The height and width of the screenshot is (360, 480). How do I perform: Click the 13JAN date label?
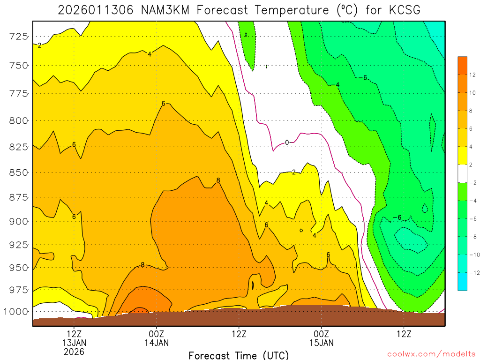[75, 343]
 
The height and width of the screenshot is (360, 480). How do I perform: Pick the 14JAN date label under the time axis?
[157, 343]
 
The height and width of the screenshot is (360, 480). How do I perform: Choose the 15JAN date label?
[322, 343]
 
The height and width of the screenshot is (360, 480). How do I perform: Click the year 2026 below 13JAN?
[75, 352]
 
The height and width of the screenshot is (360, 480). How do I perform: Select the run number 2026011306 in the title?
[96, 10]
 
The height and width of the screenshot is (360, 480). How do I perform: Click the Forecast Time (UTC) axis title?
[239, 355]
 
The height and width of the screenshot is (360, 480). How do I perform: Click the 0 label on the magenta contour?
[287, 142]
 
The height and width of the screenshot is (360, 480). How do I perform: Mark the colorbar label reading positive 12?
[472, 75]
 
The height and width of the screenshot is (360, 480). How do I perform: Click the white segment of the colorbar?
[463, 173]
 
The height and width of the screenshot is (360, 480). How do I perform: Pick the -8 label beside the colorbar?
[472, 237]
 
